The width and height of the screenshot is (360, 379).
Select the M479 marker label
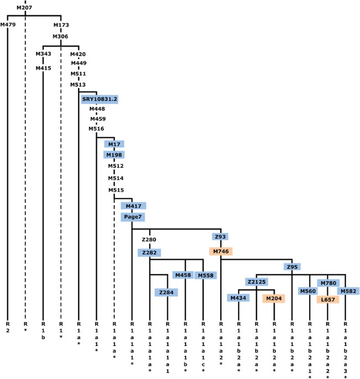8,25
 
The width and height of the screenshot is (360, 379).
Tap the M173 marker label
61,25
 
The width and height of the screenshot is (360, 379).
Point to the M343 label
43,54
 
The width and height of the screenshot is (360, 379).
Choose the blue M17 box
114,144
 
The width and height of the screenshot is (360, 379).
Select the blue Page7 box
132,217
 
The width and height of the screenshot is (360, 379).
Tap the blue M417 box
132,206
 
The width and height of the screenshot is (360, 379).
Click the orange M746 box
220,251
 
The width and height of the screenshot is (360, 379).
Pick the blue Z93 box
220,237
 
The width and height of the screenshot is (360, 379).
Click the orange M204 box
274,299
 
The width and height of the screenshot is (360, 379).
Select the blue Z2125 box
256,282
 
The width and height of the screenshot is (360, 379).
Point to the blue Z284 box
167,292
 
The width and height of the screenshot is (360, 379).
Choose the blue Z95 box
292,267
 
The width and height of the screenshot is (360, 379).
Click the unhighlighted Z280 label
150,240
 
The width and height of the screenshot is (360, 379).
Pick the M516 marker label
96,128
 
